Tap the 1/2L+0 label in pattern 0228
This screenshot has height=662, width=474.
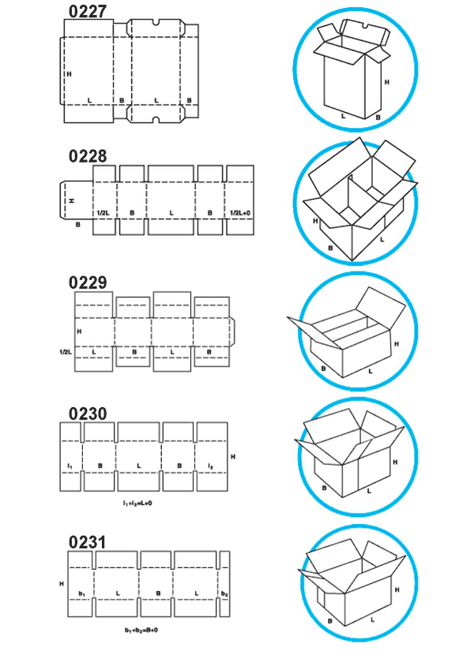click(x=239, y=213)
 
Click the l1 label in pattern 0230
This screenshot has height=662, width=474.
click(x=71, y=467)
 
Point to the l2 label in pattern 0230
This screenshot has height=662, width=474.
click(x=211, y=467)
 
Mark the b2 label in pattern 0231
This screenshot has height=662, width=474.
click(x=224, y=593)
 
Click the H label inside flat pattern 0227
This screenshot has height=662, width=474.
click(x=70, y=73)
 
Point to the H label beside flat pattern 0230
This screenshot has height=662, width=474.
click(x=232, y=456)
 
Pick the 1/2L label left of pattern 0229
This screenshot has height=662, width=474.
click(x=66, y=350)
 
